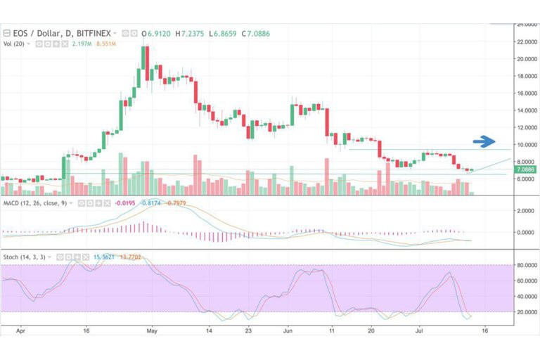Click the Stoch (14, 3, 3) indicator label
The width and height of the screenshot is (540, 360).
[25, 257]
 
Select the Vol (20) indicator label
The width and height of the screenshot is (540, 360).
[16, 44]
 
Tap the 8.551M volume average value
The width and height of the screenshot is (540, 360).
[105, 44]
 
